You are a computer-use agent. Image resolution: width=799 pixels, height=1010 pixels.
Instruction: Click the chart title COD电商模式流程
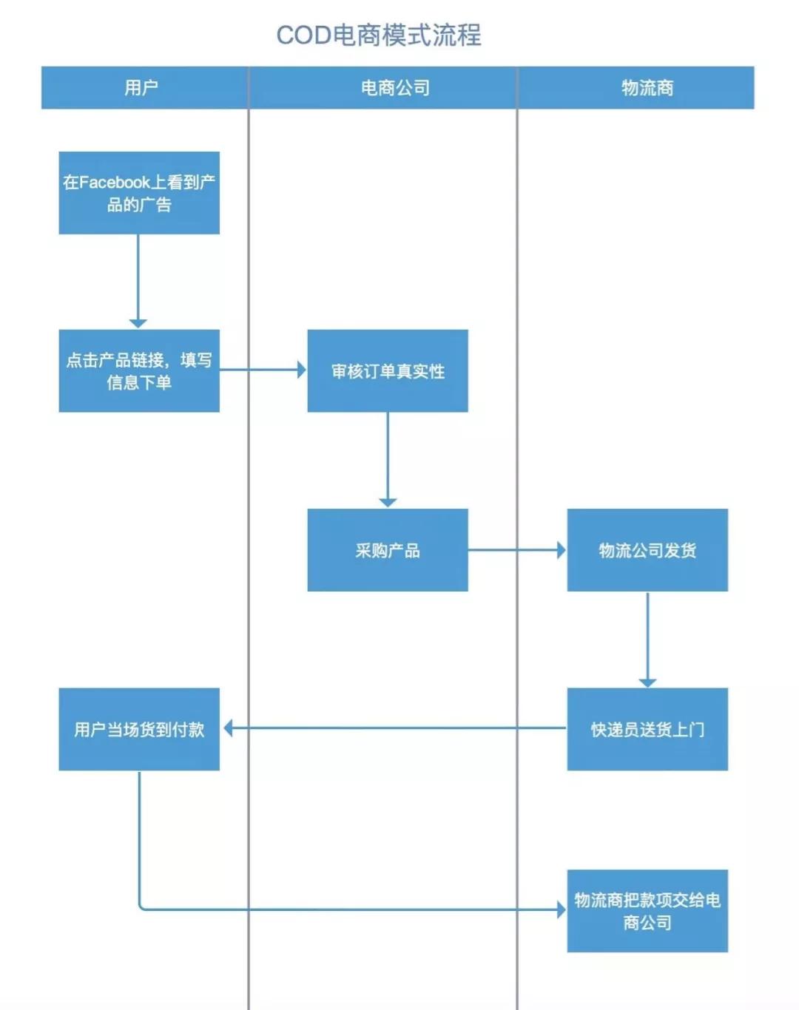coord(379,35)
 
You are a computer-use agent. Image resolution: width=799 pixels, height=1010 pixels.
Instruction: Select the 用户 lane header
coord(141,88)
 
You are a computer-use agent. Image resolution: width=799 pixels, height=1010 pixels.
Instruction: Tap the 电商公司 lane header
coord(395,88)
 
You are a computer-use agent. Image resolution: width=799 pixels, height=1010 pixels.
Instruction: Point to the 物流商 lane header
coord(647,88)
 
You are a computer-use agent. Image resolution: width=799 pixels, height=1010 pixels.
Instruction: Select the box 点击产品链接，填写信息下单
coord(139,370)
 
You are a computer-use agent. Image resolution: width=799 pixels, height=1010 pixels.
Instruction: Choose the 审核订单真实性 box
coord(388,370)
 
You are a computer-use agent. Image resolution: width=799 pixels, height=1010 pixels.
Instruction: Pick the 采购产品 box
coord(388,550)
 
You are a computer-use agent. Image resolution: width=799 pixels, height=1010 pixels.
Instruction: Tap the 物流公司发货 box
coord(647,550)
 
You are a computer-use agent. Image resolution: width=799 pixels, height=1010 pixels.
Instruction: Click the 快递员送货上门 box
coord(647,729)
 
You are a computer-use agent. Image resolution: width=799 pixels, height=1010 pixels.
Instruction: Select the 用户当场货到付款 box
coord(139,729)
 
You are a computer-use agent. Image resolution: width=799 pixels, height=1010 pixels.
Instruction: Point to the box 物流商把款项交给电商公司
coord(647,911)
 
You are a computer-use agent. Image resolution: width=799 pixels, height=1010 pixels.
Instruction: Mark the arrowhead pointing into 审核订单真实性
coord(301,370)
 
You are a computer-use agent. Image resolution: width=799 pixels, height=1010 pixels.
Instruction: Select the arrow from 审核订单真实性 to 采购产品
coord(388,458)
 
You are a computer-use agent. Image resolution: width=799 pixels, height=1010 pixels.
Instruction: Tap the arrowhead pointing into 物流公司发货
coord(562,550)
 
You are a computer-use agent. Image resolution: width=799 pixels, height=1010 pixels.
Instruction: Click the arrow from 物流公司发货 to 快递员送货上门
coord(647,637)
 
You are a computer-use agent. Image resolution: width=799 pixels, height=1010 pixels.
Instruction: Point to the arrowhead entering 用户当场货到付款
coord(228,728)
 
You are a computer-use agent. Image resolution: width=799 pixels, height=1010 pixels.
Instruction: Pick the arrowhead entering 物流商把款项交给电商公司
coord(562,909)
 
